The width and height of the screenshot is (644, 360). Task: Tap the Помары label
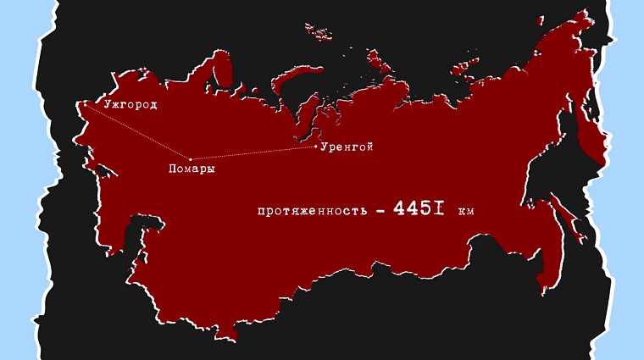[192, 169]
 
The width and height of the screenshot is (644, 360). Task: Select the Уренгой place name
[347, 147]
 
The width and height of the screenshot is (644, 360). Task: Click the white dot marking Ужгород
[82, 104]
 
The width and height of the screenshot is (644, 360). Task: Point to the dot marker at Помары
[190, 158]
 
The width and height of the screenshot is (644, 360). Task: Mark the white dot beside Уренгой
[316, 147]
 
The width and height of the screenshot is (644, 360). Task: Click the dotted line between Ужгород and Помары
[136, 131]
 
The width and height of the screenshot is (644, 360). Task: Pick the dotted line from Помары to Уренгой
[254, 152]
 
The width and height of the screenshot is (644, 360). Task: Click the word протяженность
[312, 210]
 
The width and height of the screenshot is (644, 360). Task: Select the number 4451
[419, 208]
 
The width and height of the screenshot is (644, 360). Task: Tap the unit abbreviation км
[466, 210]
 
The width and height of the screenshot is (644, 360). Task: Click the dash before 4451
[380, 210]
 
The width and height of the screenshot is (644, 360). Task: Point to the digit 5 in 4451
[429, 208]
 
